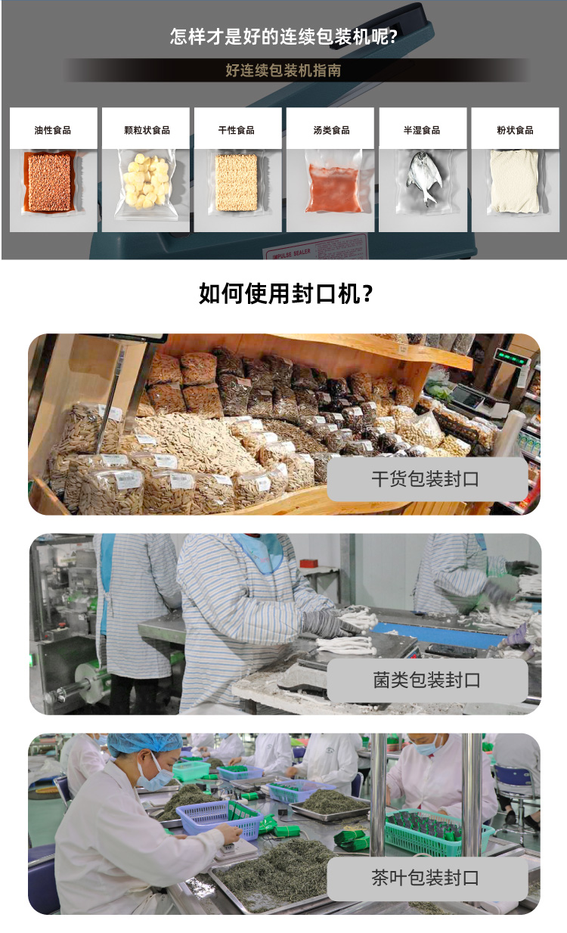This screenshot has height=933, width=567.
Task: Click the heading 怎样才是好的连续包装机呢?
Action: pos(283,36)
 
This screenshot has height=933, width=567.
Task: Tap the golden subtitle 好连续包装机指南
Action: pos(283,71)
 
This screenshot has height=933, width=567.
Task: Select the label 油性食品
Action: pos(53,130)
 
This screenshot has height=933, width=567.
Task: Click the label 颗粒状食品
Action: pos(146,130)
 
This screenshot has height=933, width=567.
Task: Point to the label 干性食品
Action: pos(237,130)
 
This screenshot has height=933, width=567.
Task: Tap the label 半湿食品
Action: pos(422,130)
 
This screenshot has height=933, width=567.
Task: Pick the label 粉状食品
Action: pos(515,130)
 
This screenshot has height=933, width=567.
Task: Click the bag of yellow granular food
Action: pos(146,181)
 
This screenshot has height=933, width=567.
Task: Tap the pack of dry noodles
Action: pos(237,182)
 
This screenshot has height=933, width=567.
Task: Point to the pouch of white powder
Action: pos(515,181)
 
